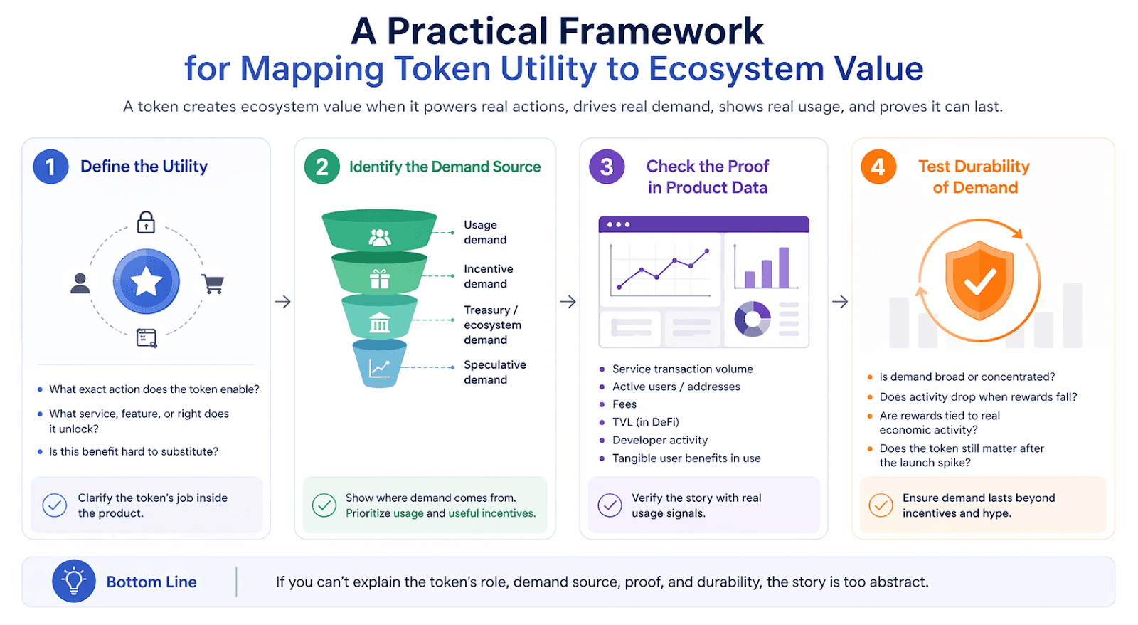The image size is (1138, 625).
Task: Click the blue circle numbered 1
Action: tap(50, 167)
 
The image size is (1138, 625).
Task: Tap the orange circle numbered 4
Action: tap(878, 167)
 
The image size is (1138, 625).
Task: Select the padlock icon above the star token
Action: tap(146, 222)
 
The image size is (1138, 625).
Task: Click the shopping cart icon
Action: tap(213, 283)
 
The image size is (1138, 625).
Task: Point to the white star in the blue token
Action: tap(146, 282)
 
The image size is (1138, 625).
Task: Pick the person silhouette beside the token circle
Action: tap(80, 283)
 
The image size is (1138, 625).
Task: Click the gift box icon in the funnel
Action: tap(380, 278)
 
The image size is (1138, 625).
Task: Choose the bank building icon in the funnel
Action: tap(380, 324)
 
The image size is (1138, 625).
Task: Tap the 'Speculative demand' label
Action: tap(495, 372)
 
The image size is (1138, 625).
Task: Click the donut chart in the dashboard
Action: tap(753, 319)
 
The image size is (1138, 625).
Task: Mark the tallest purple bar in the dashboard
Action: tap(784, 267)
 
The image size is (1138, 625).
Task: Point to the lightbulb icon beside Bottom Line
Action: tap(73, 581)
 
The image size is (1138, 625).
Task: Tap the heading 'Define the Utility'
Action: tap(144, 167)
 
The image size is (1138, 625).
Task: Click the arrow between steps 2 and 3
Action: tap(568, 302)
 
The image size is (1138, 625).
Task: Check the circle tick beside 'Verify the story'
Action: tap(610, 505)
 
